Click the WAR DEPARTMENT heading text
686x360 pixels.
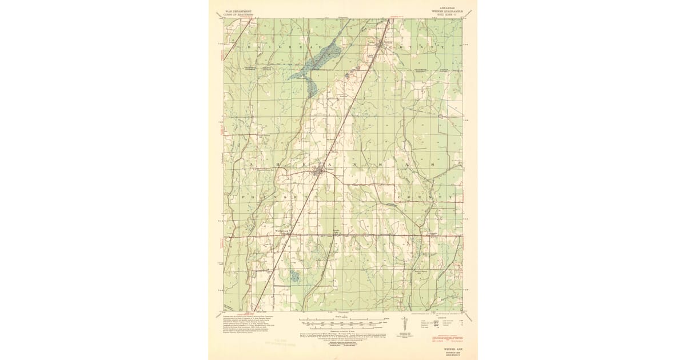click(x=238, y=10)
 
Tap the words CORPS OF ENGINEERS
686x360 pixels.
click(x=238, y=13)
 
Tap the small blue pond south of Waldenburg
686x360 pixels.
click(x=294, y=277)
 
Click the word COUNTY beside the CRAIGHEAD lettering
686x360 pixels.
click(x=420, y=46)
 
